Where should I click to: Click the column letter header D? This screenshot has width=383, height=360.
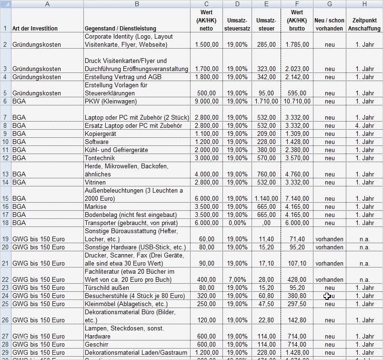click(237, 4)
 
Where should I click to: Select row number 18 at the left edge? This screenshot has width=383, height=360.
click(5, 223)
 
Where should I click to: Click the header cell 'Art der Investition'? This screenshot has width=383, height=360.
click(35, 29)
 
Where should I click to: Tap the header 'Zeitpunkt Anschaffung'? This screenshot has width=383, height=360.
click(364, 25)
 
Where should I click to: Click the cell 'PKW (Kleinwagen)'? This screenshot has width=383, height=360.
click(111, 101)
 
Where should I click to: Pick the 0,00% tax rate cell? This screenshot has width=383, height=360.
click(237, 223)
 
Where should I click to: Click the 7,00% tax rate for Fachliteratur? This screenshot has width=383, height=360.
click(237, 279)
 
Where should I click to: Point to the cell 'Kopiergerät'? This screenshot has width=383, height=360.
click(101, 134)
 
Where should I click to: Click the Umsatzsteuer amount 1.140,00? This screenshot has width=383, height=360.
click(266, 198)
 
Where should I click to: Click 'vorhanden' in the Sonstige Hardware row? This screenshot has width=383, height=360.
click(329, 247)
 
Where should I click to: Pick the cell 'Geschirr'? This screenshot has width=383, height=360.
click(96, 344)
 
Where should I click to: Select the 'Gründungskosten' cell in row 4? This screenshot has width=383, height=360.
click(37, 77)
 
